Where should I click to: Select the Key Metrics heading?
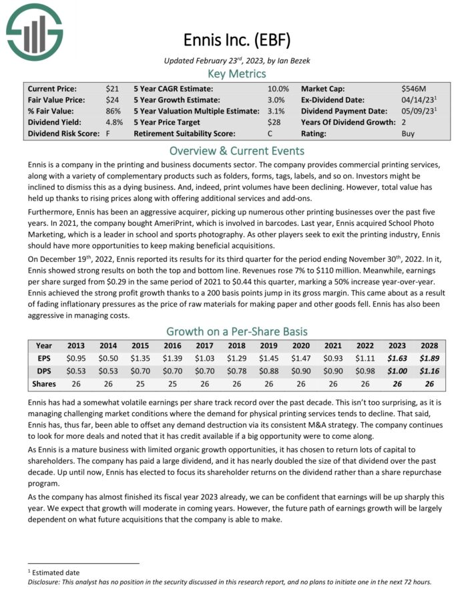[x=236, y=73]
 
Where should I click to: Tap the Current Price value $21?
[x=112, y=88]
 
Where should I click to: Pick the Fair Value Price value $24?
[x=112, y=100]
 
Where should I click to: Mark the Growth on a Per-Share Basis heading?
[x=236, y=331]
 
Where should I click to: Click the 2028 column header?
[x=430, y=346]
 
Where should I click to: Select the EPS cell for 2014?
[x=107, y=359]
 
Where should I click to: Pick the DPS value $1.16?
[x=430, y=371]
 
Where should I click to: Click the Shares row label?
[x=43, y=384]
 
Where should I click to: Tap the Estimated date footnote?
[x=53, y=572]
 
